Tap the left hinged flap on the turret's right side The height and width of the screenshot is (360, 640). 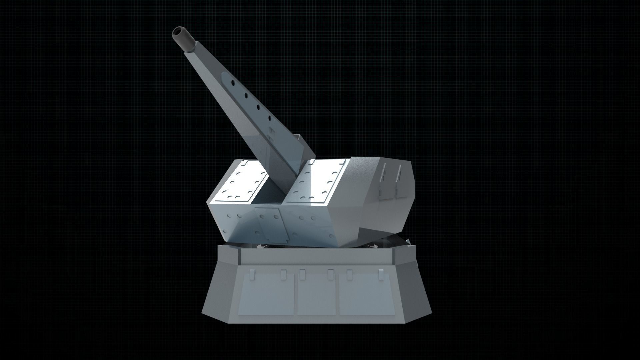click(384, 182)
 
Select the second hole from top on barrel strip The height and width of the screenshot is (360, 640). click(246, 95)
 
